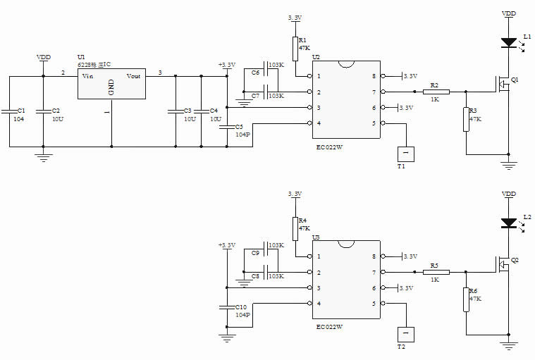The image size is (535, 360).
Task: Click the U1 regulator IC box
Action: [x=111, y=85]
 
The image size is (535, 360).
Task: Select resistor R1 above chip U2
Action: [x=295, y=49]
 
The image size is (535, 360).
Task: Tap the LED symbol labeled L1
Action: [x=508, y=43]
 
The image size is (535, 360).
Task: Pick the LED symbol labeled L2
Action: [x=508, y=223]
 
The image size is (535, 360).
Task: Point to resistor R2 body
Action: [x=436, y=91]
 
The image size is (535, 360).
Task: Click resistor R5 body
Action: [x=436, y=272]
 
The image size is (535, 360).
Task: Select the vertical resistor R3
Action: [x=466, y=119]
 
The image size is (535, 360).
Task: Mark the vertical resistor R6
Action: [x=466, y=299]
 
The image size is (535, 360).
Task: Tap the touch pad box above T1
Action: [x=405, y=152]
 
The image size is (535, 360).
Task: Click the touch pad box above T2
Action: [x=405, y=333]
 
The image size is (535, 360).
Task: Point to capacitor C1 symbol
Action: [x=10, y=111]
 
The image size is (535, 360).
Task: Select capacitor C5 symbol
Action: [x=227, y=128]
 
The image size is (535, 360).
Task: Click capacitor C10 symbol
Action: [x=227, y=307]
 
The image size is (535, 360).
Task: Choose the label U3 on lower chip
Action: [x=316, y=237]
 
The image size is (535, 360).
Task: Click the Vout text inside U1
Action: [x=133, y=75]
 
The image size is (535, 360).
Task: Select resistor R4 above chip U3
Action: [x=295, y=229]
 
